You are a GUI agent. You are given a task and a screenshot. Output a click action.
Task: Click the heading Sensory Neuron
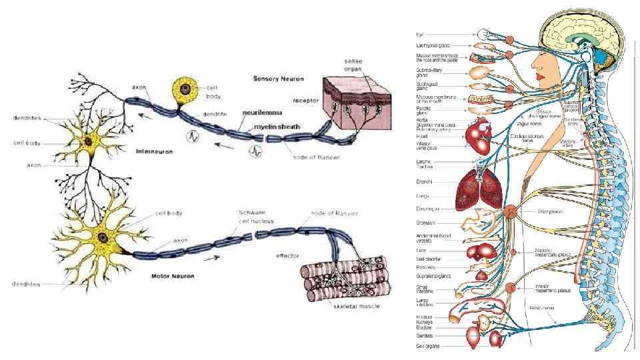[x=278, y=79]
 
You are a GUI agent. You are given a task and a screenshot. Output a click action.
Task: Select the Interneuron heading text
[x=154, y=151]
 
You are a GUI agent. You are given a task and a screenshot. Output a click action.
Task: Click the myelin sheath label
[x=275, y=126]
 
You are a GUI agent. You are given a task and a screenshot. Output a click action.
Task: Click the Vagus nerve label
[x=527, y=123]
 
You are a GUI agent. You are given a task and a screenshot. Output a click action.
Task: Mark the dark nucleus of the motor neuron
[x=103, y=237]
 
